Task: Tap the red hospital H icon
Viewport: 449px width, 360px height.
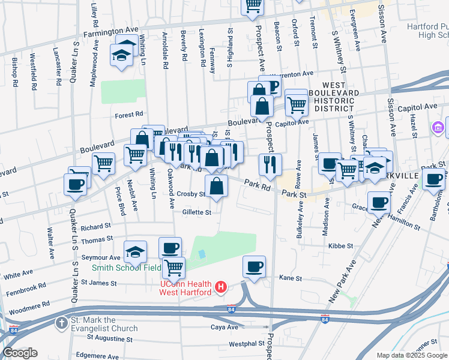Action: point(221,288)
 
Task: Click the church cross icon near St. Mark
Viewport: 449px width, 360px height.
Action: point(61,323)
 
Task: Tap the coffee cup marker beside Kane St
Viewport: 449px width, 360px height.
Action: point(254,266)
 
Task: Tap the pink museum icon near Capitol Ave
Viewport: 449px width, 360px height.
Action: point(438,127)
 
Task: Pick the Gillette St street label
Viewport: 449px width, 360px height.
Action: point(197,212)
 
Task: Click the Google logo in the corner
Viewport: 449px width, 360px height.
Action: point(20,352)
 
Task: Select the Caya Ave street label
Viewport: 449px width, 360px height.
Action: point(224,328)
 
